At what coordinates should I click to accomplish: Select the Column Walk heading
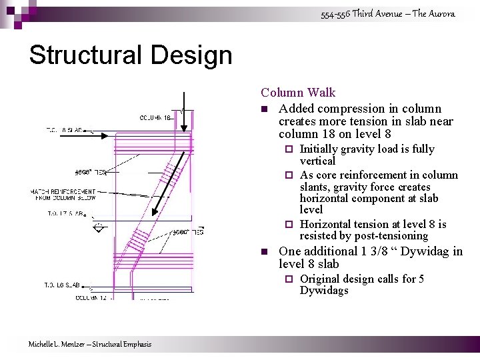(298, 93)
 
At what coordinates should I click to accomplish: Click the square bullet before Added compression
(265, 109)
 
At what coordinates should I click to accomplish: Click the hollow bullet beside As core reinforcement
(289, 175)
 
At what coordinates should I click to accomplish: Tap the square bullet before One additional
(265, 252)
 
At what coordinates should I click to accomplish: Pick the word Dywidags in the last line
(324, 291)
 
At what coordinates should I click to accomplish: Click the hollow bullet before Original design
(289, 279)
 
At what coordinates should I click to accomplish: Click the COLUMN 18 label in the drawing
(156, 118)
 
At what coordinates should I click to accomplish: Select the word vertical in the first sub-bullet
(317, 161)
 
